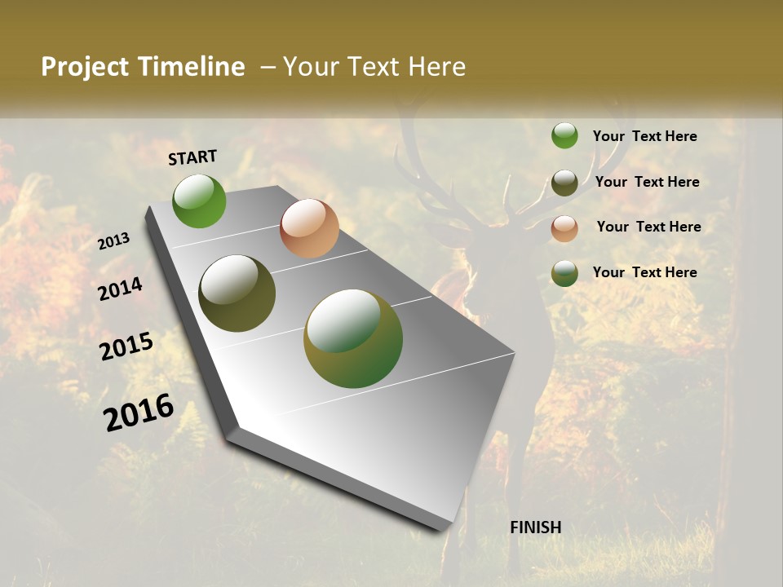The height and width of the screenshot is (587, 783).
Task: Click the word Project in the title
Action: (x=82, y=67)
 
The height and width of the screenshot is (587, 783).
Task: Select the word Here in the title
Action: (x=437, y=67)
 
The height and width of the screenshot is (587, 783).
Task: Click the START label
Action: (x=192, y=157)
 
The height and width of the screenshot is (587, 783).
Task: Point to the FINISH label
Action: (x=536, y=527)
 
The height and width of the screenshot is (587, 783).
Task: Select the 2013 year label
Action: (x=114, y=241)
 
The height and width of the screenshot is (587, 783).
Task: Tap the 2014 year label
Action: (x=120, y=289)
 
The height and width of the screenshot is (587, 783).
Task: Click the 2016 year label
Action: (x=139, y=413)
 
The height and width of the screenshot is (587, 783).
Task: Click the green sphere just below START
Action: (x=199, y=201)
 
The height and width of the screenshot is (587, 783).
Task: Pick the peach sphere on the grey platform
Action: (x=309, y=228)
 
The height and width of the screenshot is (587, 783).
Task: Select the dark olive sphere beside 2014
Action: (x=237, y=293)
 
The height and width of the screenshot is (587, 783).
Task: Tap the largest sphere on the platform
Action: (x=353, y=338)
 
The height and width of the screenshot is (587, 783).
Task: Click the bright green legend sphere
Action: (x=564, y=135)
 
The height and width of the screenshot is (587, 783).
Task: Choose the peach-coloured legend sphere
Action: (x=564, y=228)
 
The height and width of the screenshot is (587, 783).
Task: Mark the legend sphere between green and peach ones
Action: (x=564, y=183)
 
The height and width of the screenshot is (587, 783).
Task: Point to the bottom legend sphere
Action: (x=564, y=273)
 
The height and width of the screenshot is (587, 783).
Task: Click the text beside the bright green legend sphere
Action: (x=644, y=136)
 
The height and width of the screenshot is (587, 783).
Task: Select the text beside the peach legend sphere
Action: (x=648, y=227)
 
